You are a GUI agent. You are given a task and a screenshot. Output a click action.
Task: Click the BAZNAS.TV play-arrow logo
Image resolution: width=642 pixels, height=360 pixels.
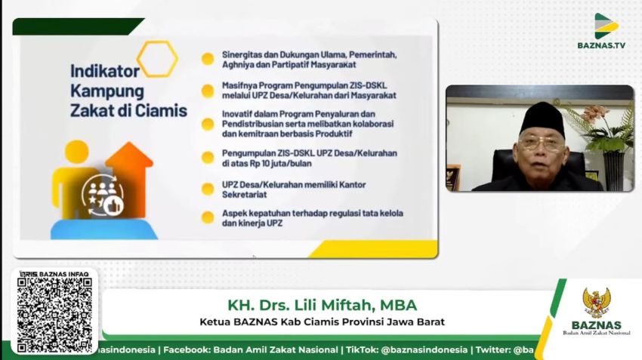coord(606,26)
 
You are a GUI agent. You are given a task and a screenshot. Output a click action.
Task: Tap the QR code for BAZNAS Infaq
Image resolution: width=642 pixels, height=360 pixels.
coord(54,315)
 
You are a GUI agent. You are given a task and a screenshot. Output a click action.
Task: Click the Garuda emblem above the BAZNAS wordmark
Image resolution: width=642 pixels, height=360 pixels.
coord(596,303)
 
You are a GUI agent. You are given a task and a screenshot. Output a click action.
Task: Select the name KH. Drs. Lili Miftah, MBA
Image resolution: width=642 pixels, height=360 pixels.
coord(323,305)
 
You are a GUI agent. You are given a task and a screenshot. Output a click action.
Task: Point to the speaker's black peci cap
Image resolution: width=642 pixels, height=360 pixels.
coord(542,120)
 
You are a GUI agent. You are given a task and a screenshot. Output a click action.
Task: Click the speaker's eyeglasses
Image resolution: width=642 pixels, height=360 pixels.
coord(541,144)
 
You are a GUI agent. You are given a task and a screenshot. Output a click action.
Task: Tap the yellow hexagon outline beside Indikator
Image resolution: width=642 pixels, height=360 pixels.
coord(158,59)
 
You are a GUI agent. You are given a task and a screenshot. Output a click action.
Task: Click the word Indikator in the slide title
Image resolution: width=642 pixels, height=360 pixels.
coord(105,71)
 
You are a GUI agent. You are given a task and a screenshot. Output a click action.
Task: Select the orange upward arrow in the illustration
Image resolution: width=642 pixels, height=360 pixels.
coord(129,179)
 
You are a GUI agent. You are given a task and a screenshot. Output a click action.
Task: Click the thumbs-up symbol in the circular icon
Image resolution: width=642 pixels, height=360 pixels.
coord(113,206)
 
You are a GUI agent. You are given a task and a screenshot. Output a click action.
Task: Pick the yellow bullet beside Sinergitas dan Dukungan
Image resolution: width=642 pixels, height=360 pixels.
coord(208,59)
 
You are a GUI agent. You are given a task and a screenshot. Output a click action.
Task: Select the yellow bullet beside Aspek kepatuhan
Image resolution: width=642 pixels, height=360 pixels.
coord(208,217)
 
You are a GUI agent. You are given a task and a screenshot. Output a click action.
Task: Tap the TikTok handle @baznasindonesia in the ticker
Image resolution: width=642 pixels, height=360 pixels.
coord(424,350)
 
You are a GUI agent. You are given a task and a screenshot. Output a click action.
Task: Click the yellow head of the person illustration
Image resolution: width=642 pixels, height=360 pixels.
coord(76,152)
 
